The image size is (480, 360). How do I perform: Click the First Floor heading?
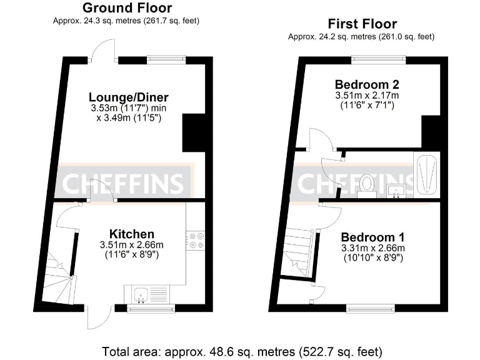[362, 24]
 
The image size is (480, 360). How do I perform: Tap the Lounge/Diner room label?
[129, 97]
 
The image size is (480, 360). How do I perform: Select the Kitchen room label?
[128, 232]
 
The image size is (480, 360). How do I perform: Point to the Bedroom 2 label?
[367, 84]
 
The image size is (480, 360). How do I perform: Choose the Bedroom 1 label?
[372, 237]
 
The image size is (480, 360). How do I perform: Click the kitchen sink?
[141, 292]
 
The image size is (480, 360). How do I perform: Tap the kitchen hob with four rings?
[196, 241]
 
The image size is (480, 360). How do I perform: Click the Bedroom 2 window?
[377, 60]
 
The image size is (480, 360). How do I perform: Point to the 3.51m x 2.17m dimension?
[367, 96]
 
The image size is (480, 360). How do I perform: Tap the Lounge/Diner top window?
[166, 60]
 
